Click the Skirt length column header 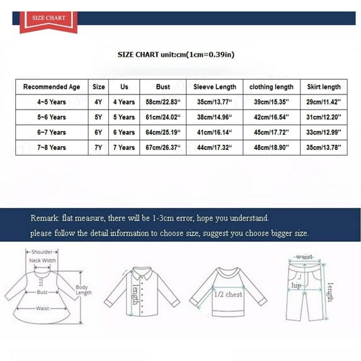pyautogui.click(x=324, y=87)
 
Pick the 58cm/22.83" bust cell pyautogui.click(x=163, y=102)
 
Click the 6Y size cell pyautogui.click(x=99, y=132)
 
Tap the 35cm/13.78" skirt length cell pyautogui.click(x=324, y=147)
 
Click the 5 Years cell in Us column pyautogui.click(x=123, y=117)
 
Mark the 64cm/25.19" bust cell pyautogui.click(x=163, y=132)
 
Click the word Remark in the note pyautogui.click(x=45, y=218)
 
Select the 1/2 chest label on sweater pyautogui.click(x=229, y=295)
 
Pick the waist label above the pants pyautogui.click(x=304, y=257)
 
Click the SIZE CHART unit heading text pyautogui.click(x=176, y=55)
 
